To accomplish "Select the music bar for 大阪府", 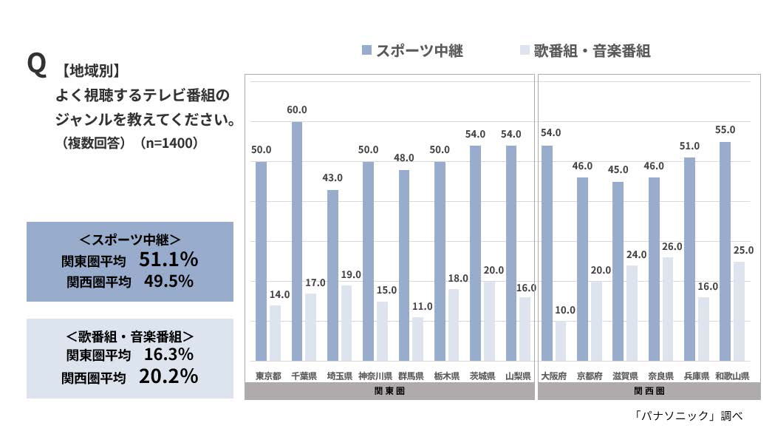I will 561,341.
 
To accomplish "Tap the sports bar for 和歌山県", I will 725,251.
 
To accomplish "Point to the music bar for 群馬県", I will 417,339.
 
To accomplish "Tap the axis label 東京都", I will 268,376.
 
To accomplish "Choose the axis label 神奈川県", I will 375,376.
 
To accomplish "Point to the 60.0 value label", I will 297,110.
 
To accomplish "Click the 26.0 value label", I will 672,246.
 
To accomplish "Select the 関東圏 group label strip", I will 389,391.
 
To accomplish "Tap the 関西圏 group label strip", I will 649,391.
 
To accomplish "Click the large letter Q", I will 36,66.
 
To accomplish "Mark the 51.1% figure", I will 168,260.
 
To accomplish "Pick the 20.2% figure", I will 168,376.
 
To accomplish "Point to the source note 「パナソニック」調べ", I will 687,416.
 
